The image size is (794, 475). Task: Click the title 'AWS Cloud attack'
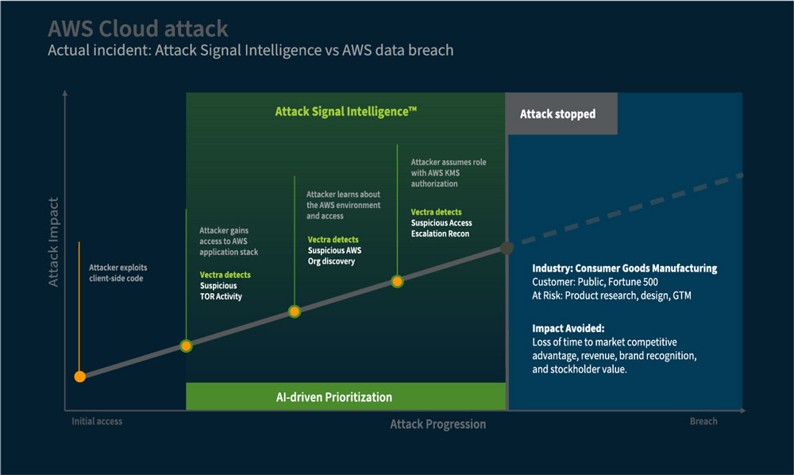138,29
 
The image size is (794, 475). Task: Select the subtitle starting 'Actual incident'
250,50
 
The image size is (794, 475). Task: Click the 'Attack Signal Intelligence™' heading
345,112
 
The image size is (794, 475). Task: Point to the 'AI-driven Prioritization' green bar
345,396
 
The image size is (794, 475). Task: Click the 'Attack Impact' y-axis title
53,238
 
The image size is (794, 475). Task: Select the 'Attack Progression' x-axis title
437,424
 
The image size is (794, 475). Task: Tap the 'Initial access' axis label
97,421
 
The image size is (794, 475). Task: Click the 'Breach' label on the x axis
703,421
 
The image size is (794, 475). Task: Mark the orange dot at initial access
79,377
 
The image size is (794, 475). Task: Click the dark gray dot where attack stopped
507,248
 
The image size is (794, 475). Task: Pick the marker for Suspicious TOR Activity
186,346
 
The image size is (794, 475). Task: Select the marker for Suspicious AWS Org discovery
295,312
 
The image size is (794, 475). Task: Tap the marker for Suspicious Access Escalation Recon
397,281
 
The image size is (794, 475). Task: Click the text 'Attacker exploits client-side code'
118,274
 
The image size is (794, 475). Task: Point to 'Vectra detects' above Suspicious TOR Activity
225,275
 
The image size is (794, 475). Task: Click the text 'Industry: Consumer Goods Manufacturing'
624,268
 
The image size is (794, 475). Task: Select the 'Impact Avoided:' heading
569,327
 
